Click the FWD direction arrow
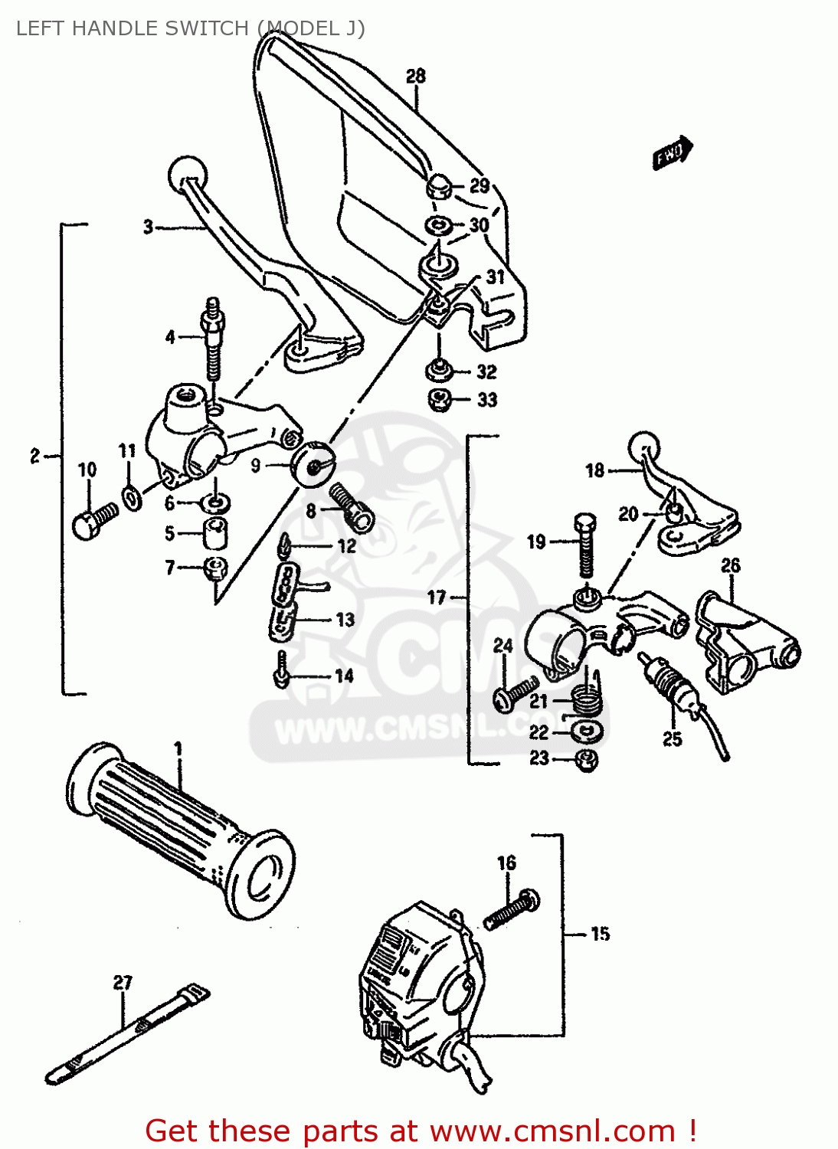click(673, 152)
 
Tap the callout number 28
click(415, 76)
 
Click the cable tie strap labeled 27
click(126, 1034)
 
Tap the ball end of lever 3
click(187, 173)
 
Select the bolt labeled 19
click(584, 544)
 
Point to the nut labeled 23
click(586, 760)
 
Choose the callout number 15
click(600, 933)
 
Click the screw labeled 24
click(516, 694)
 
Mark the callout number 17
click(437, 597)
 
